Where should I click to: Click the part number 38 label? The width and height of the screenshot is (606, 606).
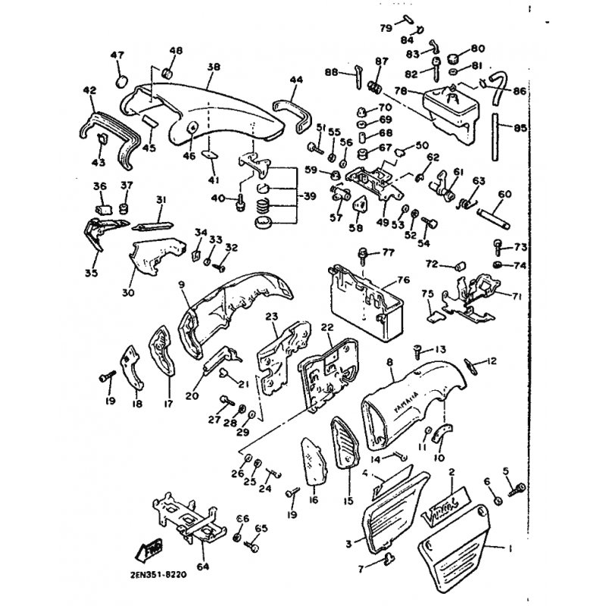pos(213,67)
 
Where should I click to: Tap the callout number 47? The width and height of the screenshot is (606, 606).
pos(117,55)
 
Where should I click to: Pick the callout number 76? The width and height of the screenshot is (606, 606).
pos(403,280)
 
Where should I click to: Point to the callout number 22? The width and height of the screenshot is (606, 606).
pos(327,327)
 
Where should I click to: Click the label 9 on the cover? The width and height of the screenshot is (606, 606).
pos(183,285)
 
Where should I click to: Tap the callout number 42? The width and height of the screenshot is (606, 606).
pos(89,90)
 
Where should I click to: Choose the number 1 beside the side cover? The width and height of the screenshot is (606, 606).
pos(510,547)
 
